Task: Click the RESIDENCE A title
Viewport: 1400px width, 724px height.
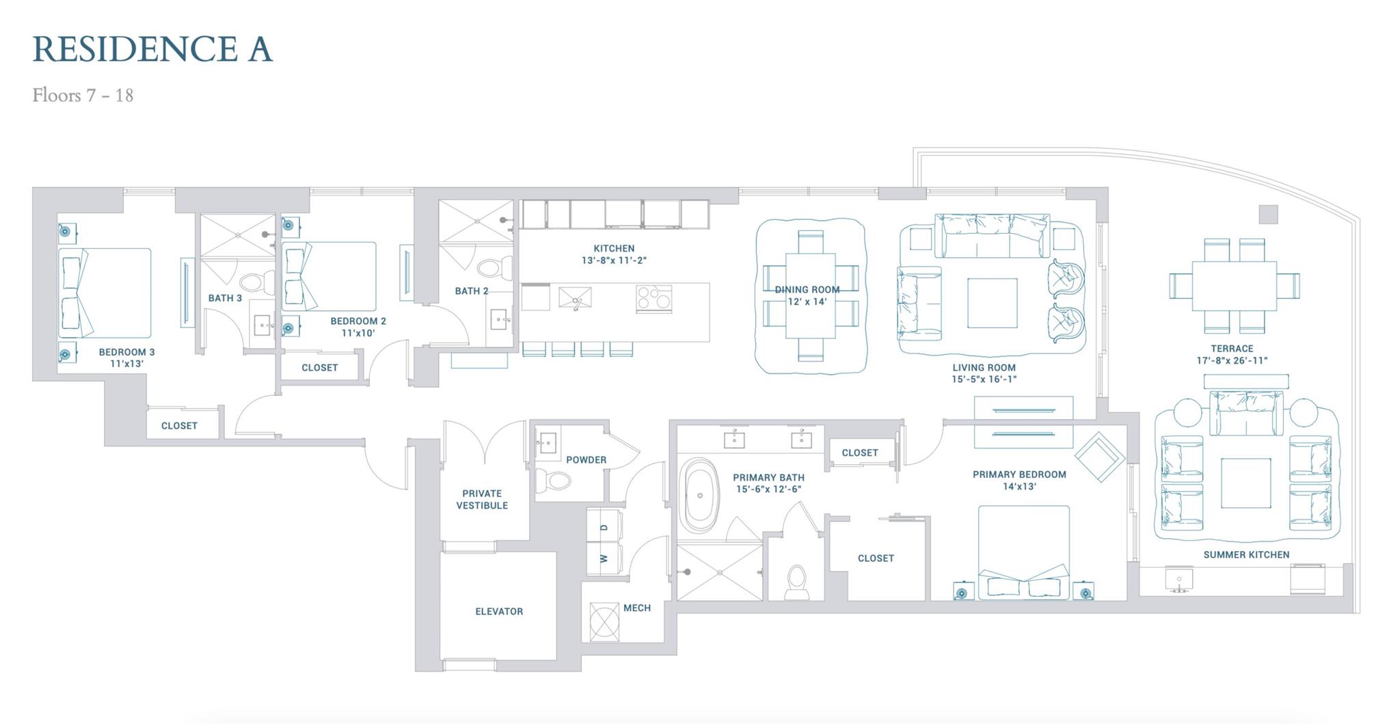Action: point(152,49)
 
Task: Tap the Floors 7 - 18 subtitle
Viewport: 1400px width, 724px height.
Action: point(83,95)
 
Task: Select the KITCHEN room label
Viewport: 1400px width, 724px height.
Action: point(614,248)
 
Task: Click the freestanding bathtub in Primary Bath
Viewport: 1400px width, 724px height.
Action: point(699,496)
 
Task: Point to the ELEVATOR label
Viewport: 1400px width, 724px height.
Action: point(499,611)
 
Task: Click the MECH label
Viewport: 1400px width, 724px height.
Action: point(636,608)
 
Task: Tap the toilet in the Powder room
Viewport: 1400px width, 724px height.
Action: point(554,481)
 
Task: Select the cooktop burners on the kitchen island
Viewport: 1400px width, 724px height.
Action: point(654,299)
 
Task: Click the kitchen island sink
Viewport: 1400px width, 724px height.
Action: point(575,298)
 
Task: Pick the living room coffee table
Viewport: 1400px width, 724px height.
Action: point(991,303)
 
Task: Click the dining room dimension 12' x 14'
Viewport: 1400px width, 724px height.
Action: point(807,301)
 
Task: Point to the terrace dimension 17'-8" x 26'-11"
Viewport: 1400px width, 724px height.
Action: point(1232,360)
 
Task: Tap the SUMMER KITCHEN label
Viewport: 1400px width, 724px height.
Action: point(1246,554)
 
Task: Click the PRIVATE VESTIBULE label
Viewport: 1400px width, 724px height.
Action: point(482,499)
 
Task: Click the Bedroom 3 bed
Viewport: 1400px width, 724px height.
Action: point(105,293)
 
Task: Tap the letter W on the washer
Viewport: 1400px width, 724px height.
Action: point(604,559)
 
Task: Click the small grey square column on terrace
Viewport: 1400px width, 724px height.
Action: point(1268,214)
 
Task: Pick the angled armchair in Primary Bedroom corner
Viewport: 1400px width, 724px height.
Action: point(1099,456)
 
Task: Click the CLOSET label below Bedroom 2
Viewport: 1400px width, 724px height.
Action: point(319,367)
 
